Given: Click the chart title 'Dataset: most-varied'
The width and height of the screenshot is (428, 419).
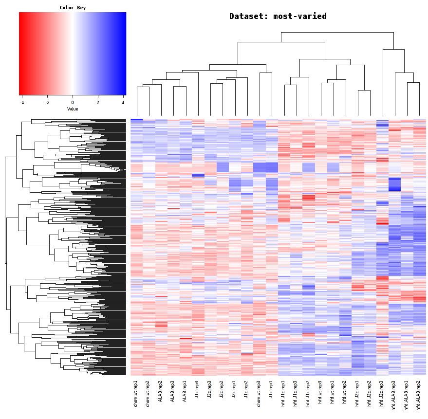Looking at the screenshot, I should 278,16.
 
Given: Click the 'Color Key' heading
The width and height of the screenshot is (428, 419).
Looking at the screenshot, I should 73,8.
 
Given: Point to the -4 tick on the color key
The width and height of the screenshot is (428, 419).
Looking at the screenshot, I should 22,103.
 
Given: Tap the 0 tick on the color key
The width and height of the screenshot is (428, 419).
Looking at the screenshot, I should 73,103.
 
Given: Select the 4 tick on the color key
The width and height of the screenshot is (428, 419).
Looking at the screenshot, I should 123,103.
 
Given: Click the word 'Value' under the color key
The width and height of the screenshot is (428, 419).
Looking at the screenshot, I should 73,109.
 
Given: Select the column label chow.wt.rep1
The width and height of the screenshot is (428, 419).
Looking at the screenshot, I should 136,393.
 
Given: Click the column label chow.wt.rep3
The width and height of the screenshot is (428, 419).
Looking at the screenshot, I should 259,393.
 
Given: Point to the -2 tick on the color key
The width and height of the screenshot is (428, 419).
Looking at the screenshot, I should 47,103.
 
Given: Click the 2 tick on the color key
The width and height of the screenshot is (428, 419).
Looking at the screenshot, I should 98,103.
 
